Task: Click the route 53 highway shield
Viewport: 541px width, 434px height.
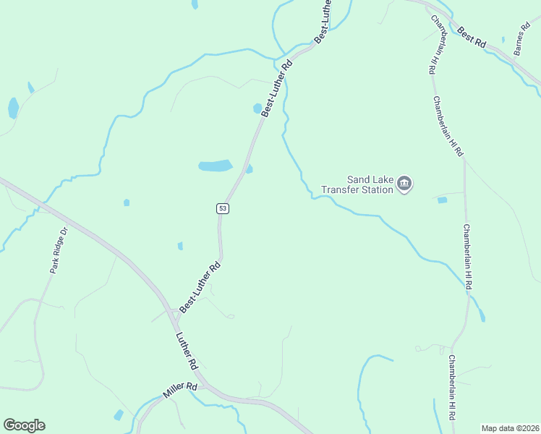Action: (x=222, y=208)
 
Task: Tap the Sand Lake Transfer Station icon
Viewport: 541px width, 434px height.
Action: (x=405, y=184)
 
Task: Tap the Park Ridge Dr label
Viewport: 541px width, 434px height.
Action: (x=59, y=250)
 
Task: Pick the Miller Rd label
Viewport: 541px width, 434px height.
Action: (x=180, y=391)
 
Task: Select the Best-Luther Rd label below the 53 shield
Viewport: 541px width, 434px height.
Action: (x=200, y=288)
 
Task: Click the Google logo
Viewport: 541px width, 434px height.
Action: (x=24, y=425)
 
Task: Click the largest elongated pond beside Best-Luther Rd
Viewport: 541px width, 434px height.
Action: (x=216, y=166)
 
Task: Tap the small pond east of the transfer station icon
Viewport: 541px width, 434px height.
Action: (x=442, y=200)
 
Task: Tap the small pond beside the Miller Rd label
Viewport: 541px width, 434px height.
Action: (x=119, y=414)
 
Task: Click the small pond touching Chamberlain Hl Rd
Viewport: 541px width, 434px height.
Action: (x=482, y=316)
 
